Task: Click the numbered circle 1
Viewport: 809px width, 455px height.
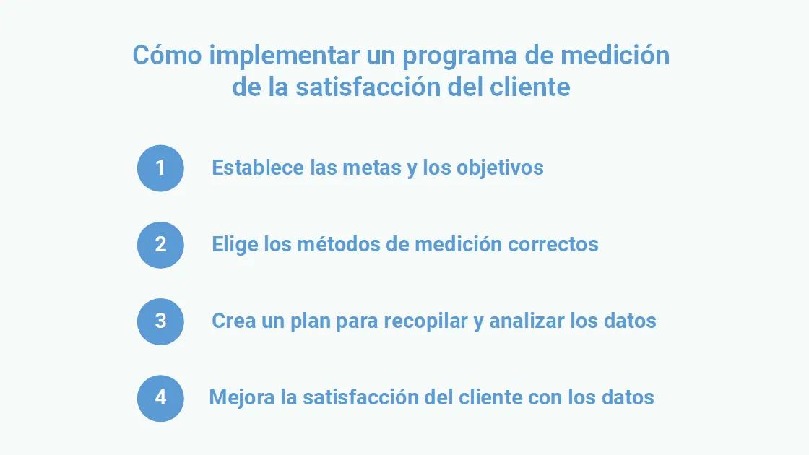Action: tap(160, 168)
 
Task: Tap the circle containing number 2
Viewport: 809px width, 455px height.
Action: tap(160, 245)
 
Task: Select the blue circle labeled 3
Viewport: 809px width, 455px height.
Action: tap(160, 321)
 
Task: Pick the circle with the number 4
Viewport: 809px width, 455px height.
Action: tap(160, 398)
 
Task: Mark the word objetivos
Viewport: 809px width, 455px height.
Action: tap(500, 168)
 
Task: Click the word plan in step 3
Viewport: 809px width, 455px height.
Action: tap(311, 321)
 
